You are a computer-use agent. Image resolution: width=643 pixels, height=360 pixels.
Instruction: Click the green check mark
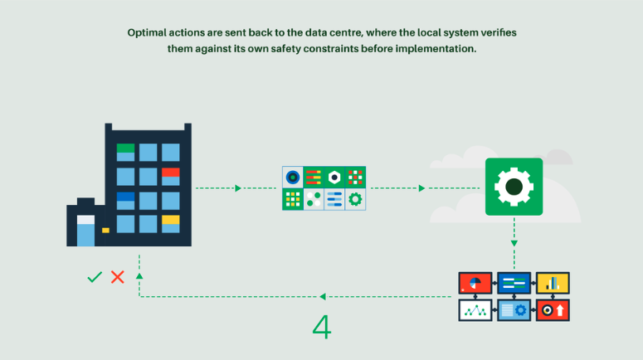tap(95, 277)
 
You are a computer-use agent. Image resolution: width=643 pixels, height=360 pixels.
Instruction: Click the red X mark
tap(118, 277)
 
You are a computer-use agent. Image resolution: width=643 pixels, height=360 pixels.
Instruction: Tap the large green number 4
tap(322, 327)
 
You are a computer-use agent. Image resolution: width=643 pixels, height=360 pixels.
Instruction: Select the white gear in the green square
tap(514, 187)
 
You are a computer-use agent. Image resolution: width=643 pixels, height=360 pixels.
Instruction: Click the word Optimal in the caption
tap(147, 33)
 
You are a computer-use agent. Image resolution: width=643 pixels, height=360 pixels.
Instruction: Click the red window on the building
tap(171, 177)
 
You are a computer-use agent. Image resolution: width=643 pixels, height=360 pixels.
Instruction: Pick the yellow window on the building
tap(171, 224)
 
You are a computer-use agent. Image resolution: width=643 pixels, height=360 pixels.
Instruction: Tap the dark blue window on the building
tap(125, 201)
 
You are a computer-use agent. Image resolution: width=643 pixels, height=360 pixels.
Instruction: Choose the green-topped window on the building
tap(125, 152)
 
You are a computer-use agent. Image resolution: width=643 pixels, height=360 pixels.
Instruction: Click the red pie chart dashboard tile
tap(475, 283)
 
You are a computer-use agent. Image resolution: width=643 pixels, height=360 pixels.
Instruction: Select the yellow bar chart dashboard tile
tap(553, 283)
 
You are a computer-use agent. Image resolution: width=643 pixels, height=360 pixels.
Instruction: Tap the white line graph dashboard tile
tap(475, 310)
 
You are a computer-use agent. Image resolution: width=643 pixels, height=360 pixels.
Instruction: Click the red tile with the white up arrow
tap(553, 310)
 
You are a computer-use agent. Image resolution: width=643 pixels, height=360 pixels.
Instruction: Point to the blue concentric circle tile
tap(293, 178)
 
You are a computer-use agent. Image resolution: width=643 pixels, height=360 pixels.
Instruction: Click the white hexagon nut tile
tap(334, 178)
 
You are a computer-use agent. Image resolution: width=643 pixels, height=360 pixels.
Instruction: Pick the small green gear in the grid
tap(355, 199)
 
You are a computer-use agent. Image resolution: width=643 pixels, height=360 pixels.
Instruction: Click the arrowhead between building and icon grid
tap(238, 188)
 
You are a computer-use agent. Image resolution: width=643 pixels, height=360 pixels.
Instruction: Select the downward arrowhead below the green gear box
tap(514, 244)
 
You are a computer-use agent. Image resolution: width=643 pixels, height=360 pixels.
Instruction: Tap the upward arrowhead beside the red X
tap(139, 276)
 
